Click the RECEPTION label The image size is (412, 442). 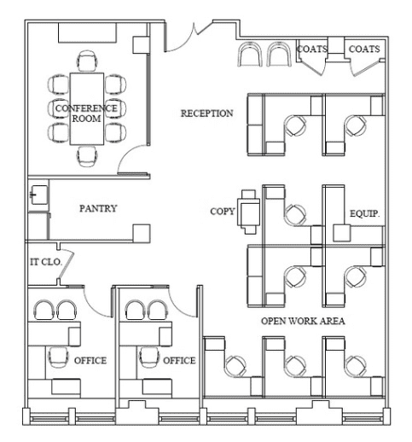(x=207, y=113)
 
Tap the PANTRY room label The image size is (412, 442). (x=98, y=208)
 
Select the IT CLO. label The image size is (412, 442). (x=46, y=262)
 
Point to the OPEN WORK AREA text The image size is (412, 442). (x=303, y=321)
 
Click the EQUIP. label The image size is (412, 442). (x=364, y=213)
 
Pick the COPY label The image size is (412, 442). (x=223, y=212)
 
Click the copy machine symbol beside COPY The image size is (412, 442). (x=248, y=212)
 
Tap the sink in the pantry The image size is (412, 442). (x=38, y=195)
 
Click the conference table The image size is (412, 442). (x=87, y=109)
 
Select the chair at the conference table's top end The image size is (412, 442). (x=87, y=61)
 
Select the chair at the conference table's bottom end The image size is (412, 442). (x=87, y=156)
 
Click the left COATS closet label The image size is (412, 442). (x=312, y=49)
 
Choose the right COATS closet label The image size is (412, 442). (x=364, y=49)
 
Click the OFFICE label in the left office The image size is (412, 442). (x=90, y=360)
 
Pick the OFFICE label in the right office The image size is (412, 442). (x=179, y=360)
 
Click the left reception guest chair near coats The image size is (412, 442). (x=250, y=55)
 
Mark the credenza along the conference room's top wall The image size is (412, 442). (x=88, y=32)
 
